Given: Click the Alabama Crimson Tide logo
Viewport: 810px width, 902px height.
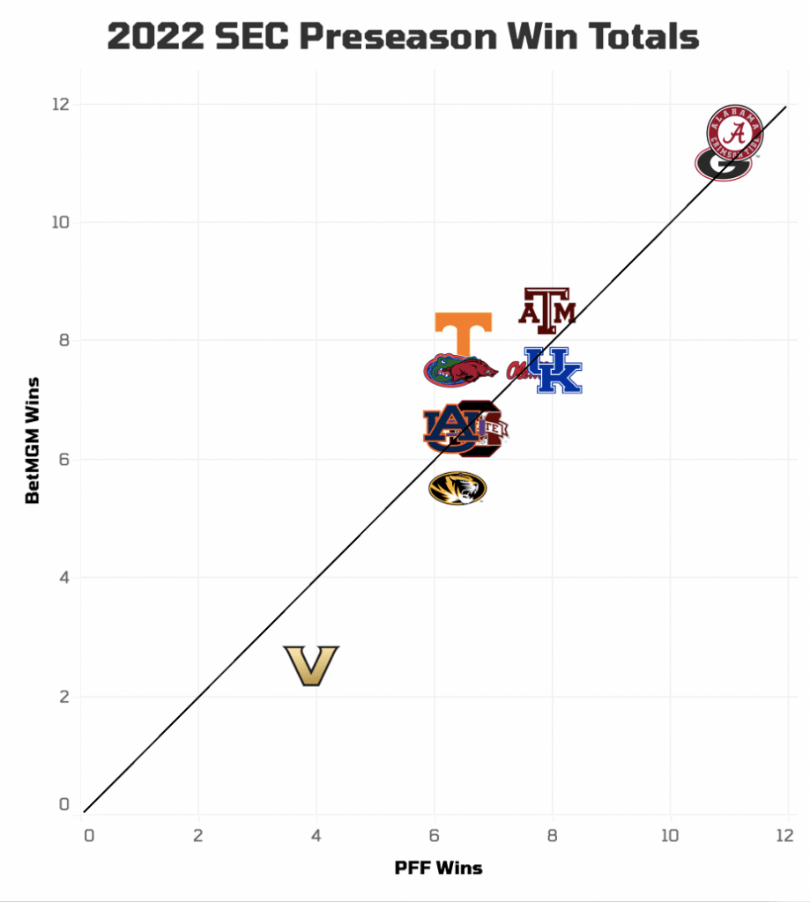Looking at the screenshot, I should click(x=734, y=133).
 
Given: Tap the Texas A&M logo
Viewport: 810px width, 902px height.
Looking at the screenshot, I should click(x=546, y=310).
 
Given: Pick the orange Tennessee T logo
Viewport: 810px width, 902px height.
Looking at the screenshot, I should click(x=463, y=333).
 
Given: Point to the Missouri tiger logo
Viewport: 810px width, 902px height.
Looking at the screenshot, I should click(x=457, y=488).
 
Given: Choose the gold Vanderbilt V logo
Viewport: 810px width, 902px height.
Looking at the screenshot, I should click(x=311, y=666).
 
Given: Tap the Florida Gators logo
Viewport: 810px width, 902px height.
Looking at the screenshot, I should click(x=438, y=371).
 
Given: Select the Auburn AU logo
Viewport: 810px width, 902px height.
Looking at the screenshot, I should click(x=448, y=428).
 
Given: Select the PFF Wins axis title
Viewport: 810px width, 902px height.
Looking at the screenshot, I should click(x=438, y=868).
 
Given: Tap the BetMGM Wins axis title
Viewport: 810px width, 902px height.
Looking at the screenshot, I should click(x=33, y=440).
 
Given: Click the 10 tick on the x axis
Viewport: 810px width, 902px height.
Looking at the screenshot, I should click(x=670, y=835).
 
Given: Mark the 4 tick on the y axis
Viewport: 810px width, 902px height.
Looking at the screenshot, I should click(x=63, y=578).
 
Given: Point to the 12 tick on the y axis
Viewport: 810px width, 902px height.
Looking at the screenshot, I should click(x=59, y=104).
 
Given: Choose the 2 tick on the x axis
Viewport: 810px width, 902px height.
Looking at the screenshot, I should click(x=198, y=835).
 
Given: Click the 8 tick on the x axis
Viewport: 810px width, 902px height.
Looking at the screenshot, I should click(x=552, y=835).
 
